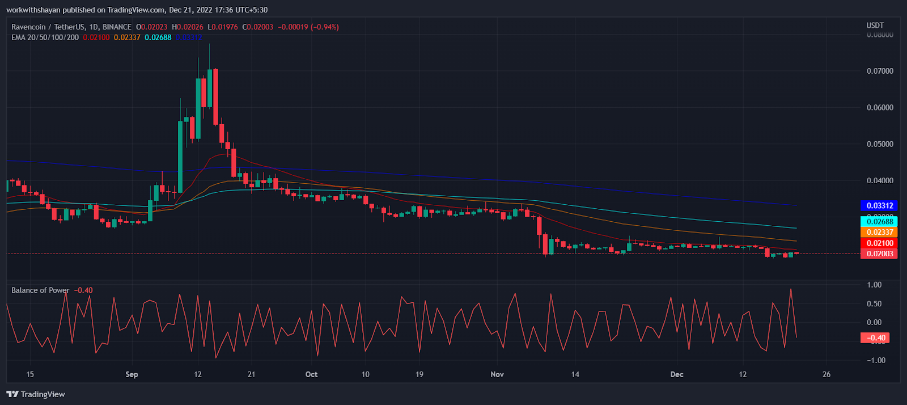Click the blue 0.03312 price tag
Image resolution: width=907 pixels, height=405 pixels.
point(879,206)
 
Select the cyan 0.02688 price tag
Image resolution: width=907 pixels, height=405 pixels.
point(879,222)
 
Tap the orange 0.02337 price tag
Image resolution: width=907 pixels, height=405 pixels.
point(879,232)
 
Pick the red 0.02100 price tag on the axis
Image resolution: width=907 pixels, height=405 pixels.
point(879,243)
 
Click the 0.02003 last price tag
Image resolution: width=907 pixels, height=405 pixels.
point(879,254)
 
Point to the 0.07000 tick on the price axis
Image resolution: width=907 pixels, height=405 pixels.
point(880,71)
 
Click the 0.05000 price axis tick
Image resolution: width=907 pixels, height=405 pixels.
point(880,144)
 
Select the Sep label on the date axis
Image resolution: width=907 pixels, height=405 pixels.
point(132,374)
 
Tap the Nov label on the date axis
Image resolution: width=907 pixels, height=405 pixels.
point(497,374)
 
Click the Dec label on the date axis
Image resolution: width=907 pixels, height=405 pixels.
point(677,374)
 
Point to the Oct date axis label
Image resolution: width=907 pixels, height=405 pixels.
point(311,374)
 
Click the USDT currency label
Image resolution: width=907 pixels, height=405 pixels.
point(875,26)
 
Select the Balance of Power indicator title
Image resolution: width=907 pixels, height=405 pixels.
point(40,290)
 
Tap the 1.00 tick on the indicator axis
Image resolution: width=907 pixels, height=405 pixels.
point(875,285)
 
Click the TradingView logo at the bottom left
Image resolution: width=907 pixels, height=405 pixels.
point(36,394)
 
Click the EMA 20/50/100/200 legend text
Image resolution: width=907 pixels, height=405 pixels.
point(45,37)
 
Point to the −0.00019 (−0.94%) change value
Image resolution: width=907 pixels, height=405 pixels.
point(308,27)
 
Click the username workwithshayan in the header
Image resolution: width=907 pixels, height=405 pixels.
point(33,10)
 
